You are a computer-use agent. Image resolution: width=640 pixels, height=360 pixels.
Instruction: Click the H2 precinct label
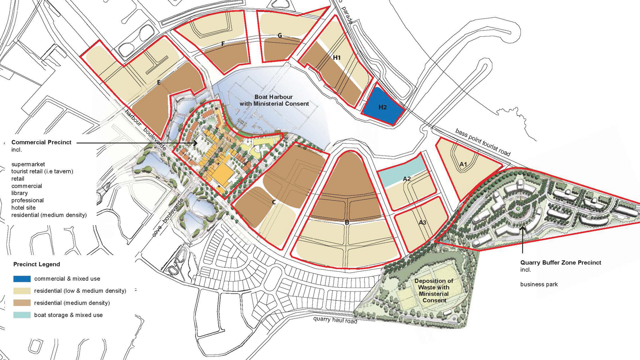pos(383,107)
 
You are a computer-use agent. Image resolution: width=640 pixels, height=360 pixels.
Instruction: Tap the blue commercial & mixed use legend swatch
pos(22,279)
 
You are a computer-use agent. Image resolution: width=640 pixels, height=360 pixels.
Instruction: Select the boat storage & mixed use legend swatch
pos(22,315)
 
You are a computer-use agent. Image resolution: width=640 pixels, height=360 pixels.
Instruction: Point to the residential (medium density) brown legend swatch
pos(22,303)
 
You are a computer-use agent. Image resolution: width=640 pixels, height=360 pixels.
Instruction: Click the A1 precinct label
pos(463,164)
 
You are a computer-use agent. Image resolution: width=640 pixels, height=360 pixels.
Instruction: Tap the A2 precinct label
pos(407,179)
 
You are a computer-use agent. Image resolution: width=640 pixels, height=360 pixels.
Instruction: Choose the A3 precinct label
pos(422,222)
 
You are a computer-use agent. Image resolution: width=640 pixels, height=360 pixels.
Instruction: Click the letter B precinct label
pos(347,222)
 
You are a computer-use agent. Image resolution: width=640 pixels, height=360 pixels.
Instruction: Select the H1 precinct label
pos(337,58)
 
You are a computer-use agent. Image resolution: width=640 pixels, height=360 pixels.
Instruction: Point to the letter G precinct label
pos(280,35)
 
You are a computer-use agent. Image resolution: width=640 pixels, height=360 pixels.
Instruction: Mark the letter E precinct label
pos(159,83)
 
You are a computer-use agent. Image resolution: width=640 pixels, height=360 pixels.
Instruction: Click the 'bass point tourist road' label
pos(483,142)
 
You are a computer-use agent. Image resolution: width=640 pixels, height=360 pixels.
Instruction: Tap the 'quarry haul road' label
pos(335,320)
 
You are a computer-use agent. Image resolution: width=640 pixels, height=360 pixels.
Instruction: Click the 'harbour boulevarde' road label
pos(146,130)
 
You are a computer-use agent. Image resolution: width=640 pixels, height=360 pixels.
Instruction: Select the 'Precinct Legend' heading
pos(36,264)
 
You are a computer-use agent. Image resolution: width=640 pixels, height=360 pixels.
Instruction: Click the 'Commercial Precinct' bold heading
pos(41,142)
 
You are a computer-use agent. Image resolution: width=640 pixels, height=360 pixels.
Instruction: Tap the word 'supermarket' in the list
pos(28,164)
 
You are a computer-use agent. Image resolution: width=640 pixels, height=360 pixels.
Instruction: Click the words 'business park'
pos(539,284)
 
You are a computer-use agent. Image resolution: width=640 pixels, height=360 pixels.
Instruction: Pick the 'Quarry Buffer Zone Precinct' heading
pos(561,263)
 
